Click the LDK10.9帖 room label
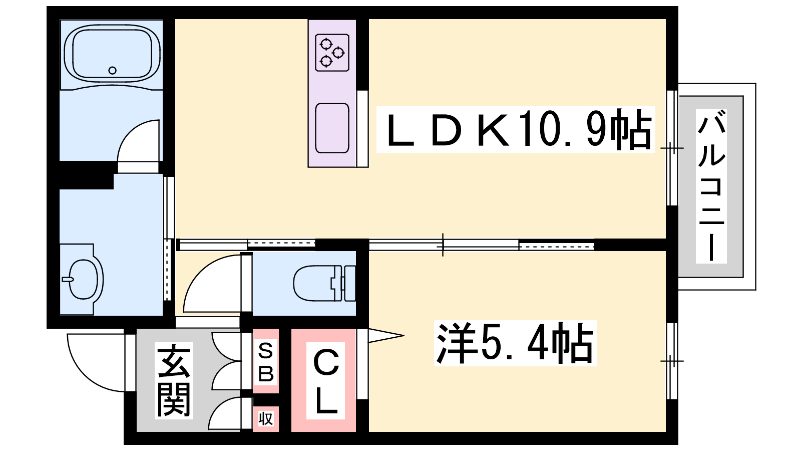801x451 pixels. (x=516, y=130)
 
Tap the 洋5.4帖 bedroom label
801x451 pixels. (x=515, y=343)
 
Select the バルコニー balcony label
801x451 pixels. (x=711, y=186)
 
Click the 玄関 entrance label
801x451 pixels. (x=174, y=380)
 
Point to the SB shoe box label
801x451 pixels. (x=266, y=362)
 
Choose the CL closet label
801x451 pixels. (x=325, y=380)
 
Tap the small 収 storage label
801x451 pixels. (x=266, y=418)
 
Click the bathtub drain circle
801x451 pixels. (x=112, y=71)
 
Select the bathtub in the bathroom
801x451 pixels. (x=112, y=53)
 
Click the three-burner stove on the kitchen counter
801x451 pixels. (x=332, y=52)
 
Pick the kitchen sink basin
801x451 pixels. (x=332, y=128)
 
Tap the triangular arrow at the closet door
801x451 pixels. (x=386, y=336)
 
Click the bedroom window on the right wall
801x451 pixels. (x=672, y=361)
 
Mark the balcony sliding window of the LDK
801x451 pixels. (x=672, y=148)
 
